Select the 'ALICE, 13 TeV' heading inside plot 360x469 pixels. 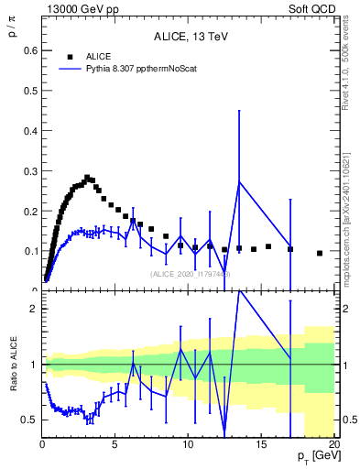[x=190, y=37]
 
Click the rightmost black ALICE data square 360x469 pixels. [x=320, y=253]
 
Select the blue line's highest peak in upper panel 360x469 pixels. [x=239, y=181]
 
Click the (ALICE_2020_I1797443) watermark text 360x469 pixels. [x=191, y=274]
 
